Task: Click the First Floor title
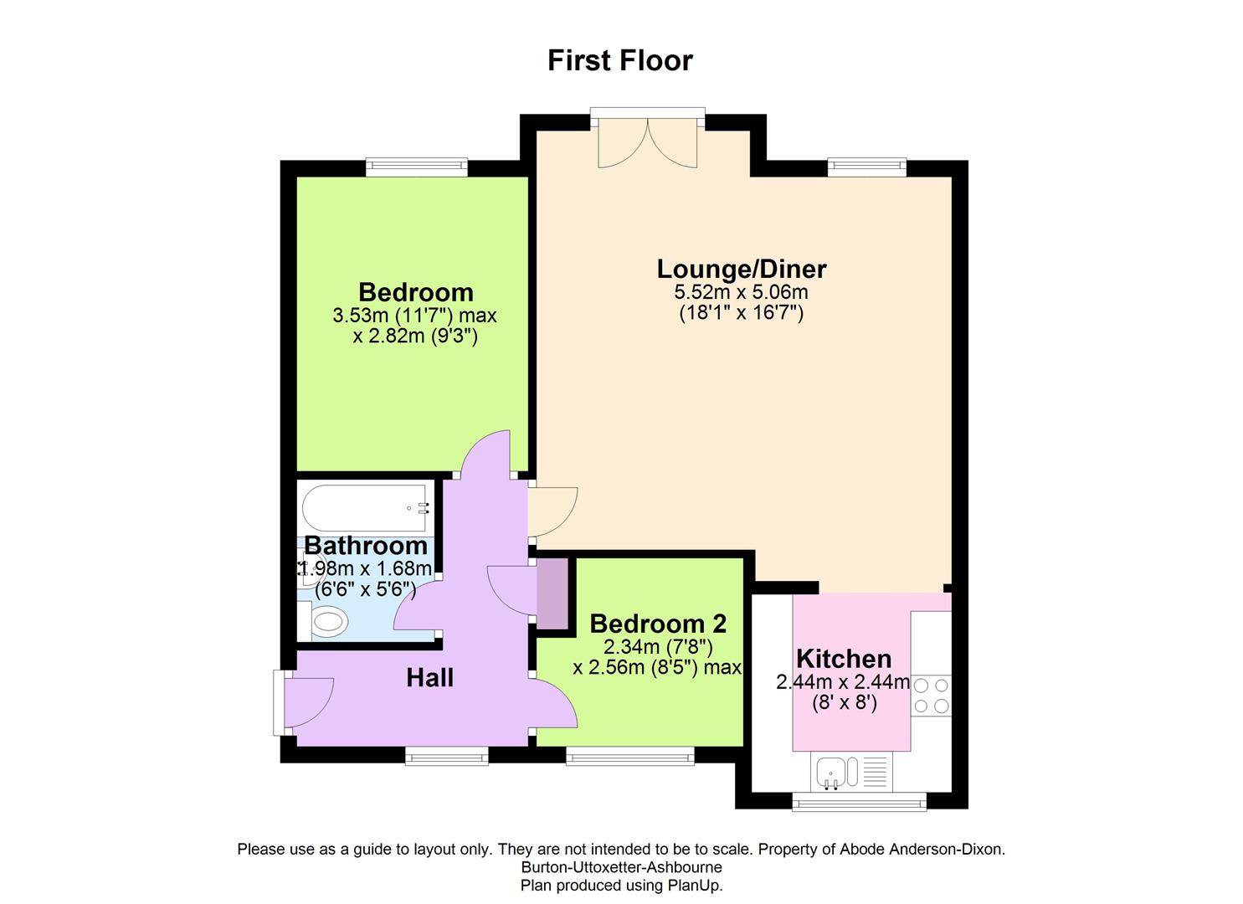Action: (x=620, y=61)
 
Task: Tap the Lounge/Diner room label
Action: (x=742, y=269)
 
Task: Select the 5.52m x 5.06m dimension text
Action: (x=742, y=292)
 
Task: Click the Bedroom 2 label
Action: (x=658, y=624)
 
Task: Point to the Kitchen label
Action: (x=844, y=658)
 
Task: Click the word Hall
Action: (x=430, y=677)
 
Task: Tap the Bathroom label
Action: (x=366, y=546)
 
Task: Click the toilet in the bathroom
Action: (x=326, y=623)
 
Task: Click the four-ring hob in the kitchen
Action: (x=932, y=695)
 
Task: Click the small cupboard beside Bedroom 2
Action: (x=552, y=593)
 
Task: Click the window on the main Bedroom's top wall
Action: (x=416, y=167)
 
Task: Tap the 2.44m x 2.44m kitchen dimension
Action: (x=844, y=682)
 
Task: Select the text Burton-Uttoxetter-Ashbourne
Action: (x=621, y=867)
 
